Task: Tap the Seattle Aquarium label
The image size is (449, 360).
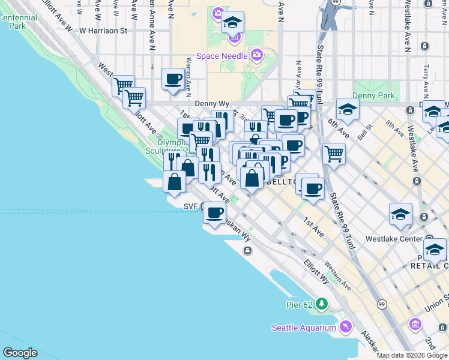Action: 304,328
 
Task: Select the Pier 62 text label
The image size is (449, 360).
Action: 300,304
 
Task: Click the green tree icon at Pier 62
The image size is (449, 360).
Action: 322,304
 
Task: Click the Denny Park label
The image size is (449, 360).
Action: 373,95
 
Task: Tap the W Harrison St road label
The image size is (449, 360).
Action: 103,30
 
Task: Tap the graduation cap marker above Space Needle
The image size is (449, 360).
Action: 232,23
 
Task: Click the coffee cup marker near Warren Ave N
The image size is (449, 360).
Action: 173,79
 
